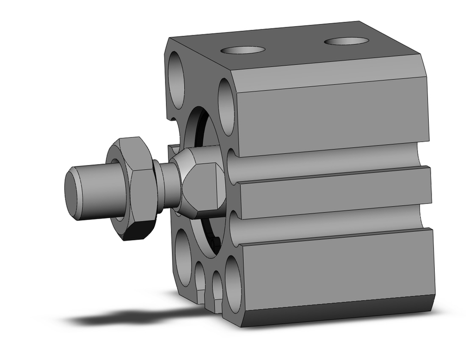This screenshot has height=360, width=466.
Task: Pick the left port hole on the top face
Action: click(243, 50)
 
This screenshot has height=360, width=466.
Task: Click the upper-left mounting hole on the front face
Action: click(177, 82)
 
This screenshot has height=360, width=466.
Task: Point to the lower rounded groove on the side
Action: click(326, 222)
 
